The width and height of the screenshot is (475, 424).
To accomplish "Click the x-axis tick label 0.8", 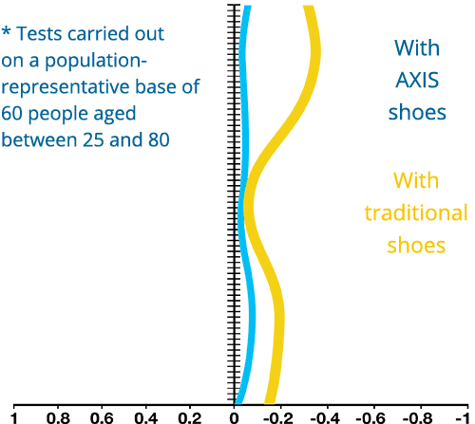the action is (x=58, y=418).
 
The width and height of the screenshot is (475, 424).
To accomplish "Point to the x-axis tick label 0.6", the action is (x=102, y=418).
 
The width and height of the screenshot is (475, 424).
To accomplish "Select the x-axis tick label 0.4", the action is (x=146, y=418).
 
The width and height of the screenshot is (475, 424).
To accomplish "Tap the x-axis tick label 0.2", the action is (x=190, y=418).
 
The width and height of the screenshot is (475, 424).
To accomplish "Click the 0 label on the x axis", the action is (x=234, y=418).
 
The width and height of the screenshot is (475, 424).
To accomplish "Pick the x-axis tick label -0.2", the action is (x=278, y=418).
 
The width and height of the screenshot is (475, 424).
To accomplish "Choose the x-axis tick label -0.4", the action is (x=325, y=418).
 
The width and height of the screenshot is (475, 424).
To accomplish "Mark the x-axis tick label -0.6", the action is (x=371, y=418).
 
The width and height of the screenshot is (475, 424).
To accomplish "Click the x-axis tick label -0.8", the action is (x=418, y=418).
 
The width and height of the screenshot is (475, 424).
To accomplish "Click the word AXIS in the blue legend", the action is (x=417, y=80).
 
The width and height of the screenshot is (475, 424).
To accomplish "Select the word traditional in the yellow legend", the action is (x=416, y=212).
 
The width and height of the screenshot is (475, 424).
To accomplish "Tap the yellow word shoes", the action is (x=416, y=245).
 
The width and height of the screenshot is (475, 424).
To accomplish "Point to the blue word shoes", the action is (x=417, y=112).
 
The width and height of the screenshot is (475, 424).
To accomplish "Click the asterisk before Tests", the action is (x=7, y=32).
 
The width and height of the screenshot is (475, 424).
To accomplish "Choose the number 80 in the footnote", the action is (x=159, y=139).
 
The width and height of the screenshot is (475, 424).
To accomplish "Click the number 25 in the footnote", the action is (x=93, y=139).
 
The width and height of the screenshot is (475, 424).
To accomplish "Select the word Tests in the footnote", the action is (x=39, y=33).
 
